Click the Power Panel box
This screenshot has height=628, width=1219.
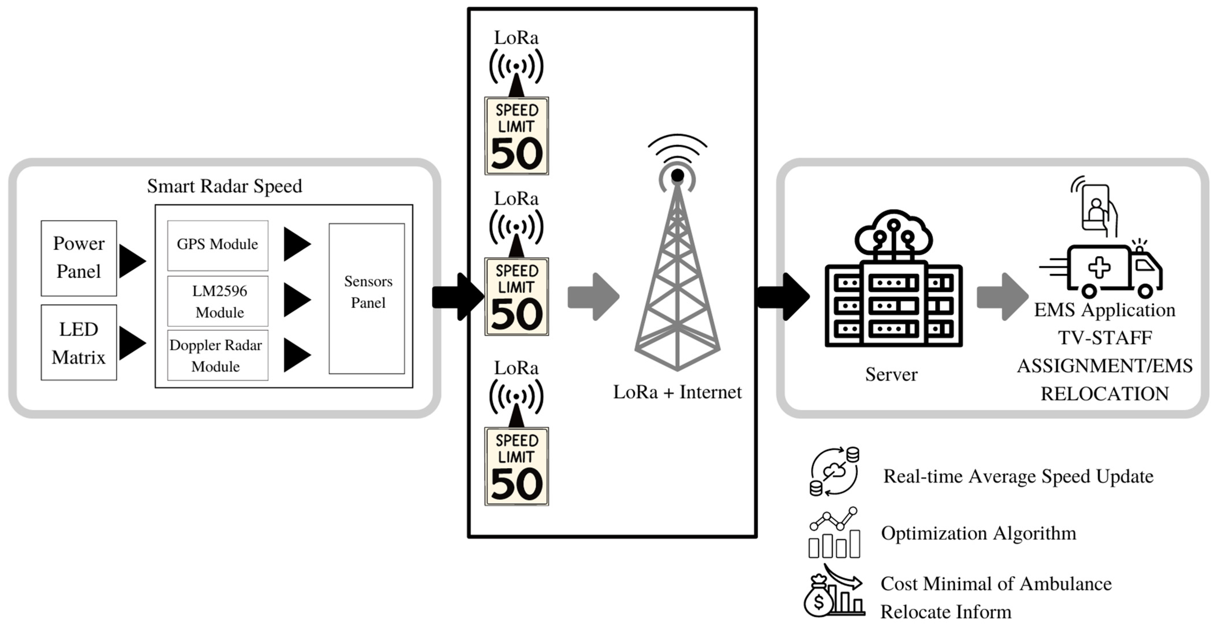(x=78, y=258)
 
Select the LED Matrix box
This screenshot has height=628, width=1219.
(x=78, y=342)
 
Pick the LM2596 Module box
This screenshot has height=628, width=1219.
(x=218, y=301)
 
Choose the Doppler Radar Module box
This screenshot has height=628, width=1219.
(x=218, y=355)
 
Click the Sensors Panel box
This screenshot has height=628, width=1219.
(x=367, y=298)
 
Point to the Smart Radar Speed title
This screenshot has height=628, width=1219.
(x=224, y=186)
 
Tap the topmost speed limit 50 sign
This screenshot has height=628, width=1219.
(x=516, y=136)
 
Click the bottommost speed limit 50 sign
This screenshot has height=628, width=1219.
(x=516, y=466)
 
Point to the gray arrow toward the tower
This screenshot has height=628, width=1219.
(x=593, y=297)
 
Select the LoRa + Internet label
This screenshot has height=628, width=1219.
(x=677, y=392)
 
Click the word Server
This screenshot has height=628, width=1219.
(x=891, y=374)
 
